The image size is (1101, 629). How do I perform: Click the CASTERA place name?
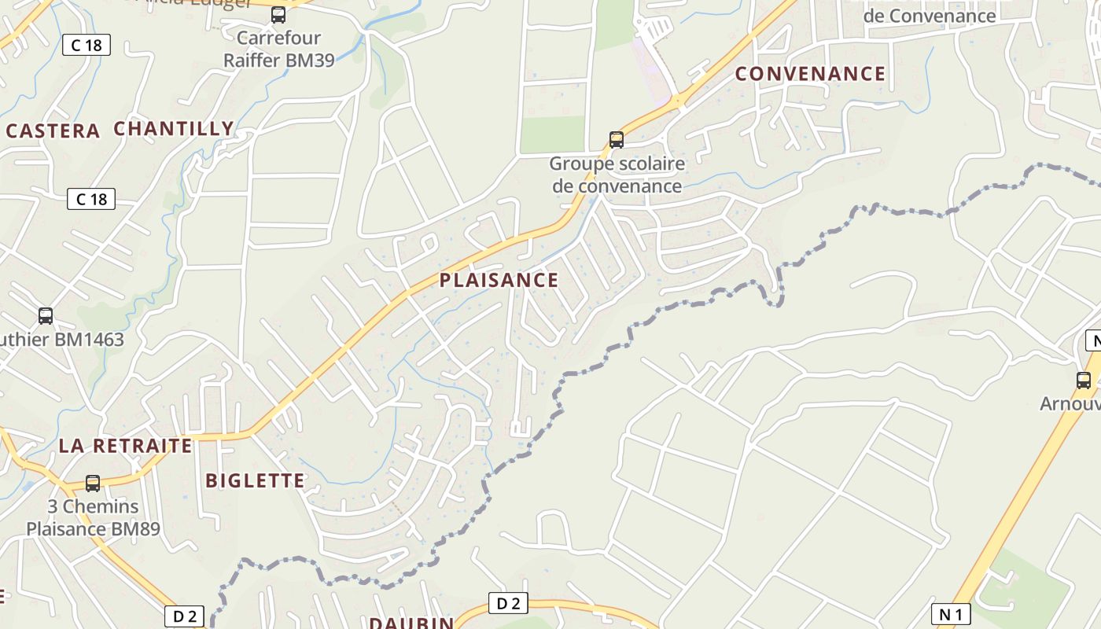point(53,131)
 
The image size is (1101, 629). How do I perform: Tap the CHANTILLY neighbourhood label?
point(174,129)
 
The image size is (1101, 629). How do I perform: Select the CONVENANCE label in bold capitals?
point(810,74)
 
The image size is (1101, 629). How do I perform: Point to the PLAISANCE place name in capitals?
point(499,280)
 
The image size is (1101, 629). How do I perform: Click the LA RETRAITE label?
point(125,446)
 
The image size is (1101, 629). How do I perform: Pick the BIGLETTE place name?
point(255,480)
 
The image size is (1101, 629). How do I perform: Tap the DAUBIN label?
point(411,623)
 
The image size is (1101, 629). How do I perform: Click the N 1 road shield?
point(951,614)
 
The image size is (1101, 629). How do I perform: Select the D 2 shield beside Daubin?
point(508,604)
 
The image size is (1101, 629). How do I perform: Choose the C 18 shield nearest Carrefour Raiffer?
point(87,45)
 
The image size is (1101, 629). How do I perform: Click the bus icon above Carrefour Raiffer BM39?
point(278,14)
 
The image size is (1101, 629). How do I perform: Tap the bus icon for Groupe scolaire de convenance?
point(617,140)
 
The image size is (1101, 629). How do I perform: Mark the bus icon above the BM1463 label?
point(46,316)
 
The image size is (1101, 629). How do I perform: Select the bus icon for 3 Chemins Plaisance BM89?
point(93,484)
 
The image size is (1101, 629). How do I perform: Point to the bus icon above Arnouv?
point(1084,381)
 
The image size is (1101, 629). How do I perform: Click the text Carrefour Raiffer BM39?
point(279,49)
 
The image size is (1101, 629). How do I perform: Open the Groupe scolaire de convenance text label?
point(617,175)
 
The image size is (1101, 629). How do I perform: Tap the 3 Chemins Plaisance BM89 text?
point(93,517)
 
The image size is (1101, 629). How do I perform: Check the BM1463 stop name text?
point(62,340)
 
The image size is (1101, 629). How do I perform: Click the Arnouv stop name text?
point(1070,403)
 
